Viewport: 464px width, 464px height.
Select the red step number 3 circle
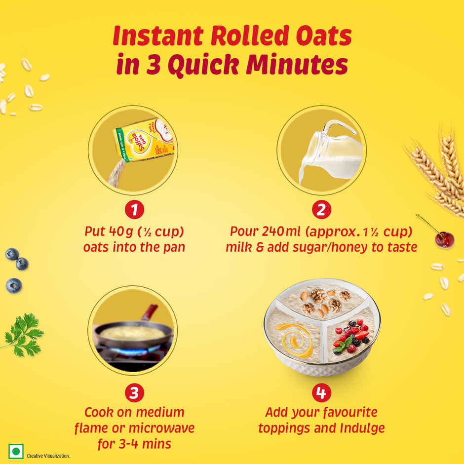[x=134, y=393]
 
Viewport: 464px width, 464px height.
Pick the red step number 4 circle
[x=321, y=393]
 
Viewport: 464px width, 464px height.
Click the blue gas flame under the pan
[x=129, y=351]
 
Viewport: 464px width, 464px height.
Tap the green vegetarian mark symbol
[x=17, y=452]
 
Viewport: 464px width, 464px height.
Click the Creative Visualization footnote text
[x=48, y=456]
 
